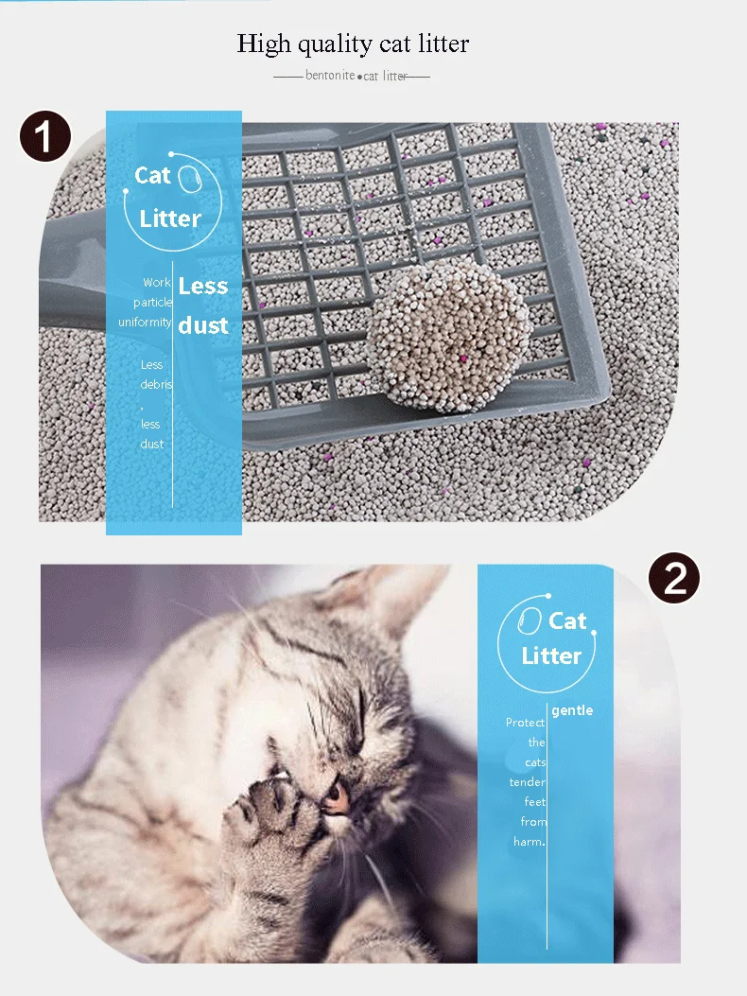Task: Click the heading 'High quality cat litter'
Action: tap(353, 44)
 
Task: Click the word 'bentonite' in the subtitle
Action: tap(330, 76)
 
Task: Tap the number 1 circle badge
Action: tap(45, 137)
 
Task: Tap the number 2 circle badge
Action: tap(674, 577)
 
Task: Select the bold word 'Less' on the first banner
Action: tap(203, 287)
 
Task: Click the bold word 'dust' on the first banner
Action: tap(203, 325)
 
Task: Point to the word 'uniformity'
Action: tap(145, 323)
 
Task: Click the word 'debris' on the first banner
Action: tap(156, 385)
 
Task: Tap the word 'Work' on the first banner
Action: tap(157, 283)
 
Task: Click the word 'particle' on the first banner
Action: tap(152, 303)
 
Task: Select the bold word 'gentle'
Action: tap(572, 710)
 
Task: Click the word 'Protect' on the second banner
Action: tap(525, 723)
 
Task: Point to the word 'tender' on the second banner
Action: tap(528, 782)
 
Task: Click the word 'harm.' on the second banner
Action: tap(530, 842)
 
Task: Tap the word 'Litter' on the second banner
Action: tap(551, 655)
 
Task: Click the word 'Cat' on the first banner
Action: tap(152, 175)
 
